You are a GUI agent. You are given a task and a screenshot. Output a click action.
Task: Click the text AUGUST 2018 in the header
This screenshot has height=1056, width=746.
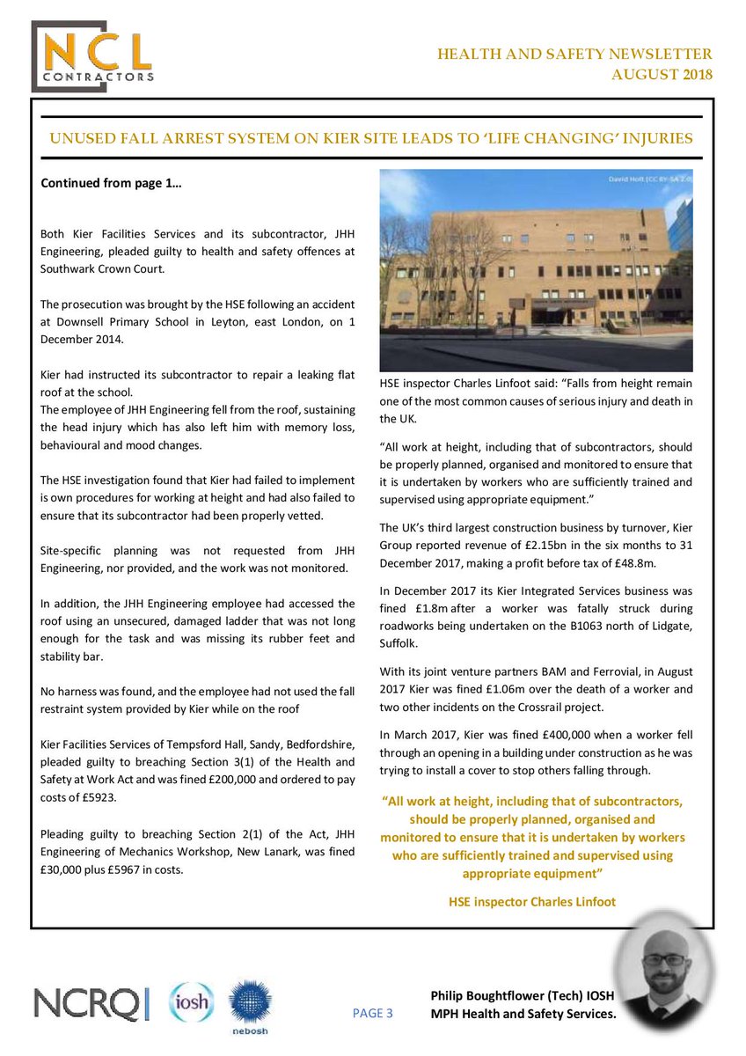pyautogui.click(x=662, y=73)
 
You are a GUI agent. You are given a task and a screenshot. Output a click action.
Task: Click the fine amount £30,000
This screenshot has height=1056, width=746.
pyautogui.click(x=66, y=870)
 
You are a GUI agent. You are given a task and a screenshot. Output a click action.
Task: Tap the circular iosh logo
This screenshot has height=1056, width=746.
pyautogui.click(x=191, y=1003)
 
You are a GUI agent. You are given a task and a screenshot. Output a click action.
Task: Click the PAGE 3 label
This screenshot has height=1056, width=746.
pyautogui.click(x=372, y=1013)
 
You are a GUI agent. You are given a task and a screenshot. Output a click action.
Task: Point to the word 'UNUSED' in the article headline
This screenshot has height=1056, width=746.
pyautogui.click(x=82, y=138)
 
